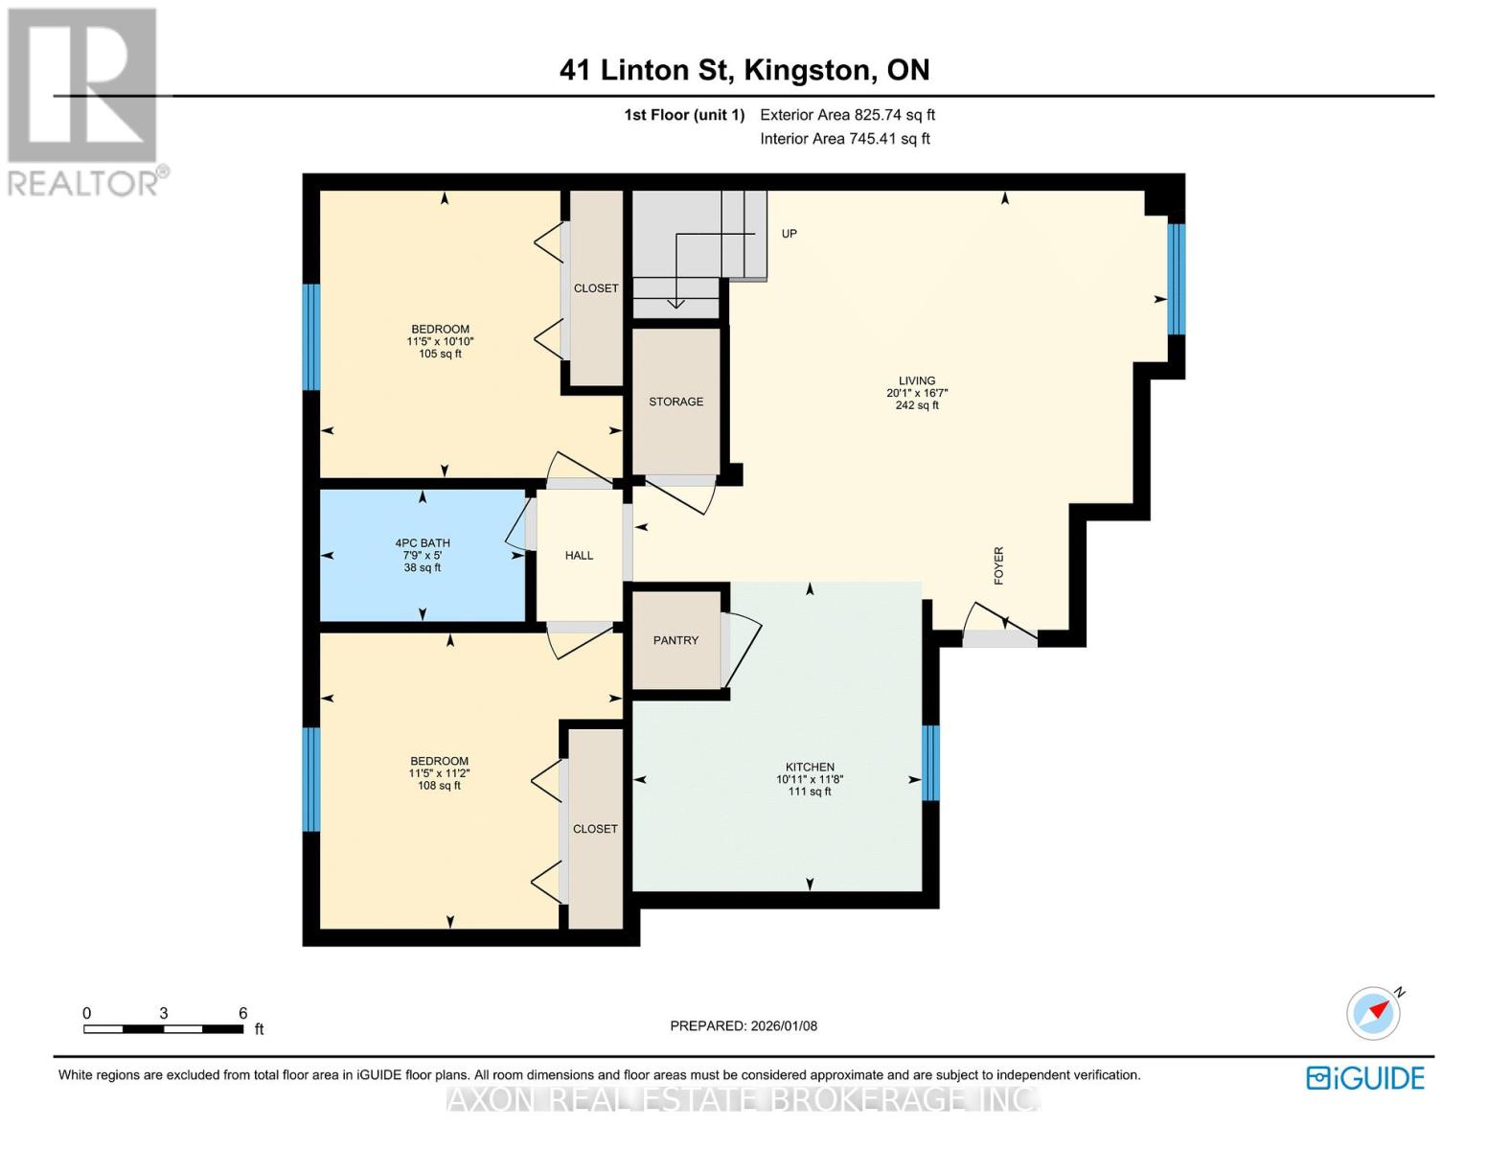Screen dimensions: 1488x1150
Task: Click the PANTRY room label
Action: [x=675, y=640]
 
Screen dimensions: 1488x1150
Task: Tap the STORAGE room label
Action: [x=675, y=402]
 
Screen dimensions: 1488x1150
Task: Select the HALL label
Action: [x=579, y=556]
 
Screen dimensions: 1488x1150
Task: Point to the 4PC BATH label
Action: [x=423, y=543]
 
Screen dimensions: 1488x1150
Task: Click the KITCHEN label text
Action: [x=810, y=767]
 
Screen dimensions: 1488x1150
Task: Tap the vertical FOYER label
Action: [x=998, y=565]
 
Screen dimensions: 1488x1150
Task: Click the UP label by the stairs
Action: [x=789, y=234]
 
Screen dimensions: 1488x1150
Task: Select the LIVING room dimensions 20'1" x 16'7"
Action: [x=917, y=393]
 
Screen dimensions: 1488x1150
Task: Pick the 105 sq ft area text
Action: [x=441, y=355]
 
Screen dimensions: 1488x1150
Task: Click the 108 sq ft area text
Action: [x=440, y=786]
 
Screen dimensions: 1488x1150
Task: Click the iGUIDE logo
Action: [x=1365, y=1078]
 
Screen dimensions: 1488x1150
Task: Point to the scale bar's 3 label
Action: [x=164, y=1013]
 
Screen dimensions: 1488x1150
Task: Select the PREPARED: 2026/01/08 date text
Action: [x=744, y=1026]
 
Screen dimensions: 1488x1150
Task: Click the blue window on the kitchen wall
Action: [x=930, y=762]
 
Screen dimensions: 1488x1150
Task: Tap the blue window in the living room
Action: [x=1176, y=279]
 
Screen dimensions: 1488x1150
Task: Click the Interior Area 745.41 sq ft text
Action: [x=845, y=139]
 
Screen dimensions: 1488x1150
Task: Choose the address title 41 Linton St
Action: [x=645, y=70]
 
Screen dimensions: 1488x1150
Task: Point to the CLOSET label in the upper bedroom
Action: [x=596, y=288]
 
